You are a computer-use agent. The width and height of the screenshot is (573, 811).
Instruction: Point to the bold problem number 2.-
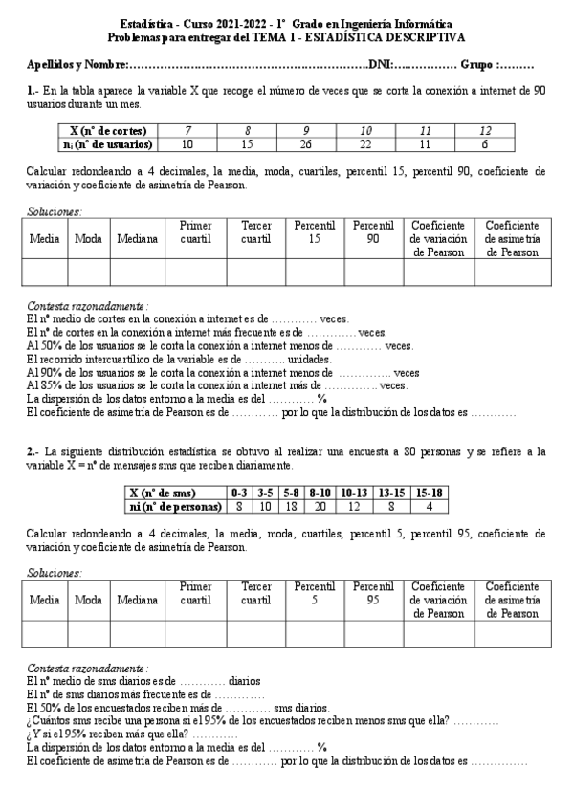click(33, 450)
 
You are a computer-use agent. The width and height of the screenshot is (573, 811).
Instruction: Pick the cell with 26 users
click(306, 144)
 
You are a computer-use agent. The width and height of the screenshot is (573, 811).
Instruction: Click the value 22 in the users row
click(365, 144)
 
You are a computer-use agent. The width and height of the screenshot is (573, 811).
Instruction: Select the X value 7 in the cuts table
click(187, 130)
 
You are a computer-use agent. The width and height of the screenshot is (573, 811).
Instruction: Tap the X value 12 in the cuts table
click(485, 130)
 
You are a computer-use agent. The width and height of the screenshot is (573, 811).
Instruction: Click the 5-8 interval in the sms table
click(291, 492)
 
